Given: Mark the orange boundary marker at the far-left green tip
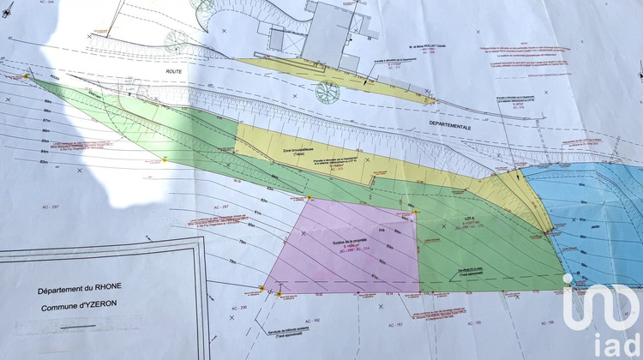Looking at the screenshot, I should pos(26,76).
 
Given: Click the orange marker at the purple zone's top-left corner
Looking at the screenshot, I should pos(309,199).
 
